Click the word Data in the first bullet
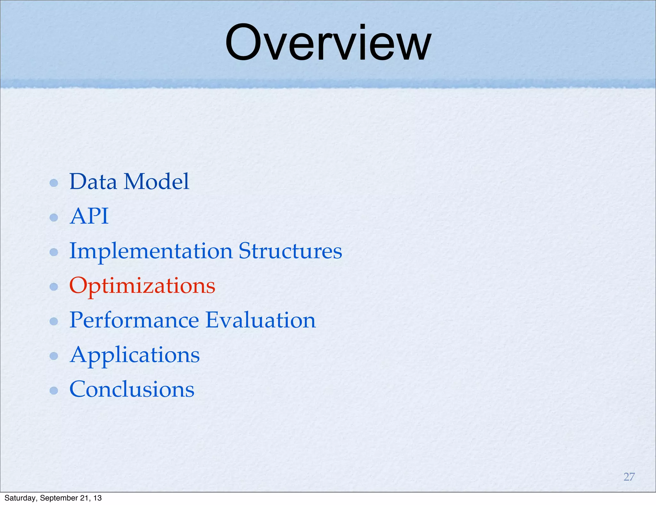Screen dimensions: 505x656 pos(93,182)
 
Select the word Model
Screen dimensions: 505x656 pos(157,182)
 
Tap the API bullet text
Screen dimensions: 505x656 pos(89,216)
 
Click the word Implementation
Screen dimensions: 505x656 pos(151,252)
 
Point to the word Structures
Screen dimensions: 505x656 pos(290,251)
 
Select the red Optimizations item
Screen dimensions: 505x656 pos(142,286)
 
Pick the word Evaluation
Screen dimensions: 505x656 pos(260,320)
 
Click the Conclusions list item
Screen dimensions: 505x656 pos(132,389)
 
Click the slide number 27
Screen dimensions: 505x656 pos(629,477)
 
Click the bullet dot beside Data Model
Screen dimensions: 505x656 pos(54,183)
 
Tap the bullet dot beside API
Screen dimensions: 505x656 pos(54,218)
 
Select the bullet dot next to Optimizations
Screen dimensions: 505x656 pos(54,286)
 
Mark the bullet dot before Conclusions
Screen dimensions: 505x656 pos(54,390)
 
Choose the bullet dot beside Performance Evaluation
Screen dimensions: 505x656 pos(54,321)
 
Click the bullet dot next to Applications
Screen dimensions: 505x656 pos(54,356)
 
